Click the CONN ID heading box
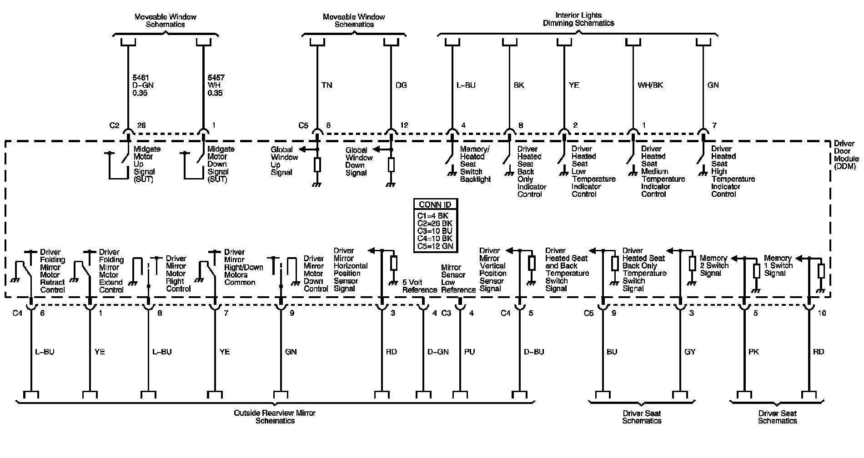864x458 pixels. (x=435, y=204)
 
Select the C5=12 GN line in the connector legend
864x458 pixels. (x=435, y=247)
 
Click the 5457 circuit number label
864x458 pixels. (x=216, y=78)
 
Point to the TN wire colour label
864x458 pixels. (x=327, y=85)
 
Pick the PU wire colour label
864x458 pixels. (x=469, y=352)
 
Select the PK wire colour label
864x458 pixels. (x=753, y=352)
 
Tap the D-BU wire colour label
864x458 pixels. (x=534, y=352)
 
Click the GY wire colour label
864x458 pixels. (x=690, y=352)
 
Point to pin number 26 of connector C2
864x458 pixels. (x=141, y=125)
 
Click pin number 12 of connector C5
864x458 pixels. (x=404, y=125)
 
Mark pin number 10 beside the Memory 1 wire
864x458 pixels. (x=821, y=313)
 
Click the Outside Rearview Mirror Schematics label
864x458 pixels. (x=274, y=417)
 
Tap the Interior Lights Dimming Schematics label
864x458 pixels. (x=578, y=19)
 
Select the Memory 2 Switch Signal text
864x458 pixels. (x=714, y=265)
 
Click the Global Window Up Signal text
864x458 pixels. (x=284, y=161)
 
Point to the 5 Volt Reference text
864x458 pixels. (x=419, y=286)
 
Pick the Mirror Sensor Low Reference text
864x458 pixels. (x=458, y=279)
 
